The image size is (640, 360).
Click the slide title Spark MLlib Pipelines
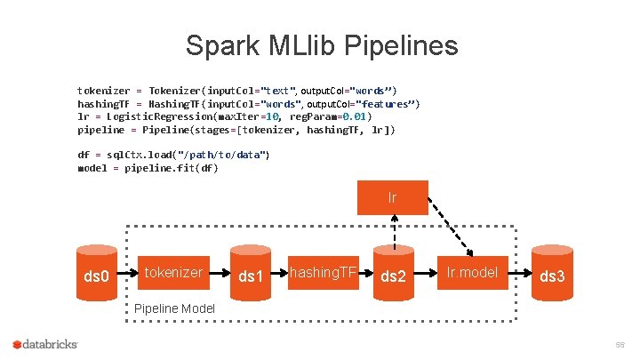click(321, 45)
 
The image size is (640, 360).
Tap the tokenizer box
click(173, 273)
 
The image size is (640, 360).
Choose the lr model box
click(472, 273)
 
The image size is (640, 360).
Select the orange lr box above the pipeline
click(392, 197)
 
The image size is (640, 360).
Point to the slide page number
click(619, 344)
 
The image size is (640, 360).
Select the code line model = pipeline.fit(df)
click(148, 167)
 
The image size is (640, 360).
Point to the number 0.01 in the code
click(354, 116)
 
